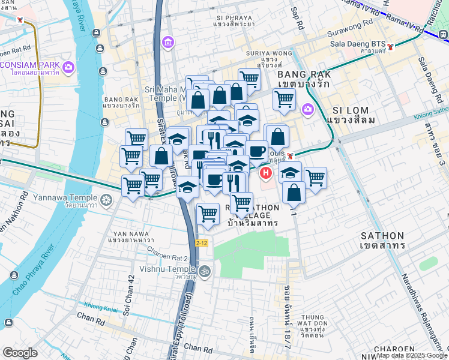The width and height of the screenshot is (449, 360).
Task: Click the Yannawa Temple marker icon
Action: (x=106, y=199)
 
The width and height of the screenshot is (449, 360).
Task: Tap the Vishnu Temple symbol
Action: (x=205, y=270)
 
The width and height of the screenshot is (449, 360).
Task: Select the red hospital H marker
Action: (x=265, y=173)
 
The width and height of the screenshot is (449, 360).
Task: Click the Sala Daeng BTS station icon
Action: (x=391, y=46)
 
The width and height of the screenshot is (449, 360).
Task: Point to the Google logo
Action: (x=20, y=353)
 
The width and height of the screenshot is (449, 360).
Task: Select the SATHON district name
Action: (x=382, y=241)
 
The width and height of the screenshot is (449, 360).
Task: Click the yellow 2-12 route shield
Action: (x=202, y=243)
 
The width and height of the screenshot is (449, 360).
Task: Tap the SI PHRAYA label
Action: (x=234, y=19)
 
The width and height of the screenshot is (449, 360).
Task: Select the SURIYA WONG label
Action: (x=270, y=53)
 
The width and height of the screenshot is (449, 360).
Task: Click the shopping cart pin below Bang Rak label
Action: (x=284, y=99)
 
